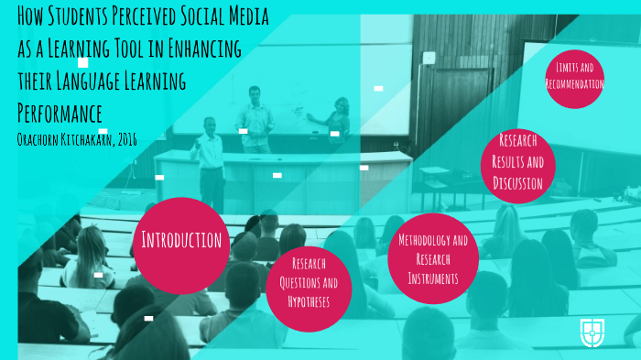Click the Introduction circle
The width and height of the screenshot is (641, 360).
pyautogui.click(x=181, y=240)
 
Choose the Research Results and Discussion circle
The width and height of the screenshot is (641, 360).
pyautogui.click(x=518, y=163)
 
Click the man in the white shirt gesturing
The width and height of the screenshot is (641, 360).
pyautogui.click(x=209, y=156)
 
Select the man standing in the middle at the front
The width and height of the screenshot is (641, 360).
pyautogui.click(x=255, y=117)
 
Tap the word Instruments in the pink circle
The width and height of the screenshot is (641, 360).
pyautogui.click(x=433, y=274)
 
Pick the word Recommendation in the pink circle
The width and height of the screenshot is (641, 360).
pyautogui.click(x=574, y=84)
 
